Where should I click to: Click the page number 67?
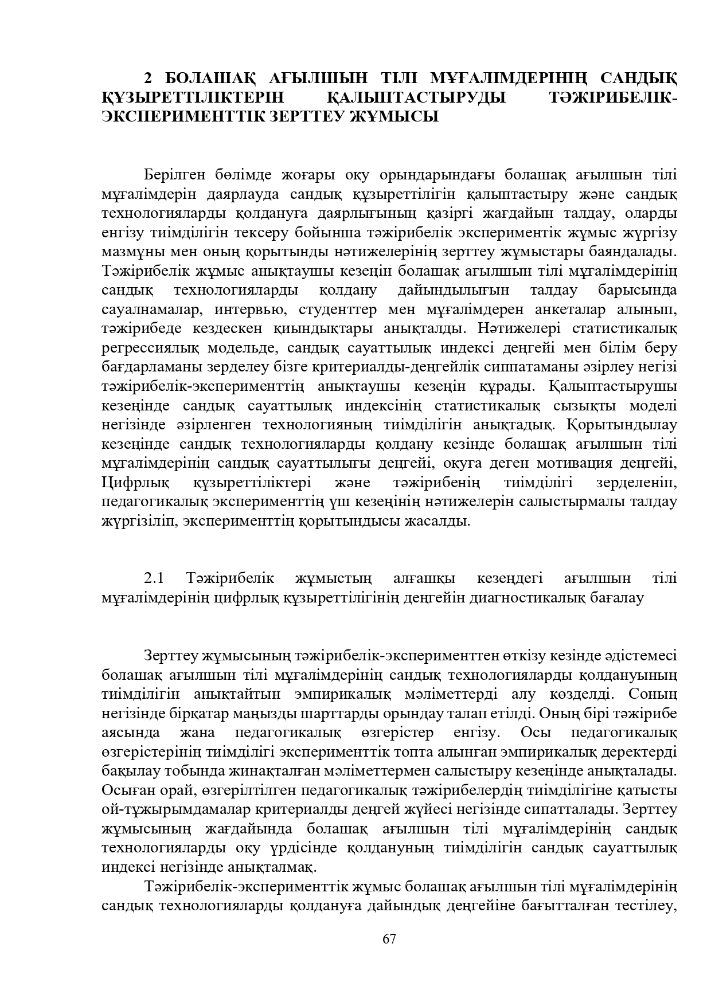(x=389, y=938)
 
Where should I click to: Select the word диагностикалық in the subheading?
(x=519, y=597)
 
